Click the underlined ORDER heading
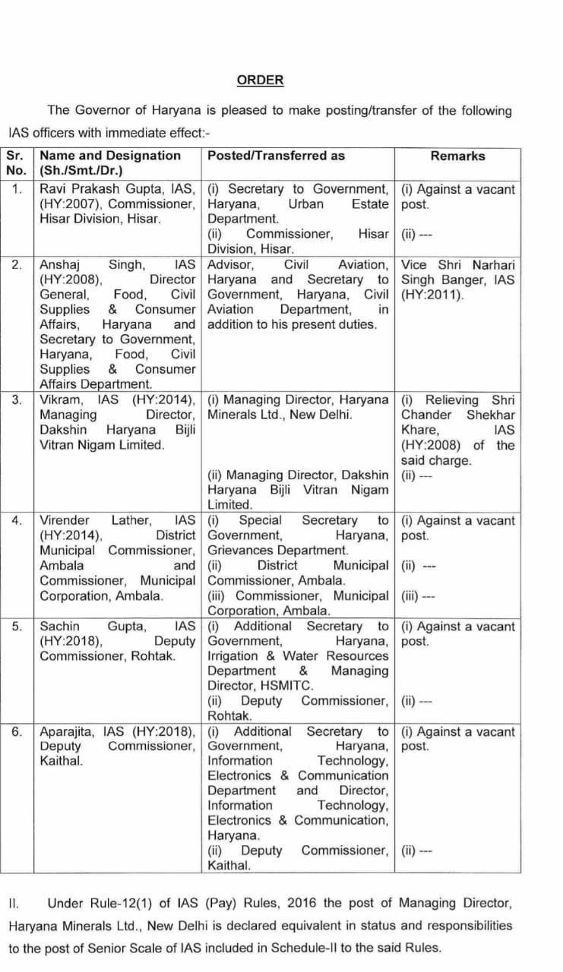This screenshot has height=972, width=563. coord(260,80)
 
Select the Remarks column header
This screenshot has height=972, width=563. coord(457,156)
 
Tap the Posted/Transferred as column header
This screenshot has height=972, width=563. coord(276,156)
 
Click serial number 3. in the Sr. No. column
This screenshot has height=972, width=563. coord(17,399)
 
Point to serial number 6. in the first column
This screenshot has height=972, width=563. coord(17,731)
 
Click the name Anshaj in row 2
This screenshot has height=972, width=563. coord(60,264)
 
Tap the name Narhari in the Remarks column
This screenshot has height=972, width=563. coord(491,264)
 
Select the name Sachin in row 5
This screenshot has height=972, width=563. coord(60,626)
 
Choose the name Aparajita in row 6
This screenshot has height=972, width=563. coord(68,731)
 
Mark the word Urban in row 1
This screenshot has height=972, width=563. coord(305,204)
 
